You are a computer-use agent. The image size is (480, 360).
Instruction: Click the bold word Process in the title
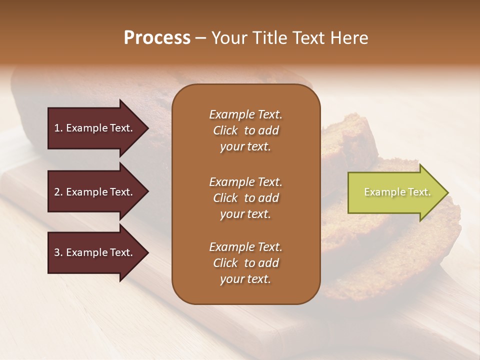(157, 38)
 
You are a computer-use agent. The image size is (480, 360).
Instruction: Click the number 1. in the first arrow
(58, 128)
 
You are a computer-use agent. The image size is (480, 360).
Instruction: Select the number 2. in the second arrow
(58, 192)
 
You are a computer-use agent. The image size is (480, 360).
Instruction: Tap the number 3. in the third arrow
(58, 252)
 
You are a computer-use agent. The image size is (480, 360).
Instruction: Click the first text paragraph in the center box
(245, 130)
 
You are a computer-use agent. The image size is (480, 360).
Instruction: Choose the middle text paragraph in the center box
(245, 198)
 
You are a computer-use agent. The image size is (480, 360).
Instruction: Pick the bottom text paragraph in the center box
(245, 263)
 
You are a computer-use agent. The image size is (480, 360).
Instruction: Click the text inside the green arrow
(397, 192)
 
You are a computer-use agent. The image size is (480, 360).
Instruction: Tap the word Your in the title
(228, 38)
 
